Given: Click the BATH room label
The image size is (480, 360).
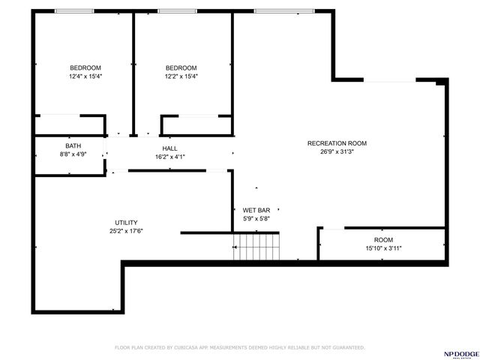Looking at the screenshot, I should point(73,146).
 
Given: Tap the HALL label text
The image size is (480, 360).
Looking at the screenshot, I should point(169,148).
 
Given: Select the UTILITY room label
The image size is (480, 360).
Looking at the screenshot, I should point(125,223).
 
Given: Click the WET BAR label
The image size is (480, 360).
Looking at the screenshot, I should point(256,210).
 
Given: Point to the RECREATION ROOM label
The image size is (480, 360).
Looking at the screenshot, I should point(337,143).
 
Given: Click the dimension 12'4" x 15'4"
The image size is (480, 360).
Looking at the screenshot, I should point(85,76).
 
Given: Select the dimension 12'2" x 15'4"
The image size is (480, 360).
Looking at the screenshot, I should point(181,76).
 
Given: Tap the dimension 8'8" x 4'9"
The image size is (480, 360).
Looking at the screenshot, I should point(73,154).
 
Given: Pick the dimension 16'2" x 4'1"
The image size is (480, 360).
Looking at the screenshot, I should point(169,157).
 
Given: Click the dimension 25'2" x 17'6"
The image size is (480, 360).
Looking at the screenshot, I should point(125,231).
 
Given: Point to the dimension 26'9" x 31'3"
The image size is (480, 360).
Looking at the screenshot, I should point(337,151).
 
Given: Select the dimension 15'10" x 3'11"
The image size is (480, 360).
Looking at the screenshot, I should point(383,248).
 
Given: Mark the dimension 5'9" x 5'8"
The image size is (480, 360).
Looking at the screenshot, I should point(256,218).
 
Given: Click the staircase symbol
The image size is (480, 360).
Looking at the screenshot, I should point(256,247).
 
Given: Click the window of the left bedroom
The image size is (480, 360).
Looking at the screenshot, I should point(74,11).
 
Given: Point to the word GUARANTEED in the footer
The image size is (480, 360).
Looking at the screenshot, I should point(346,348).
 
